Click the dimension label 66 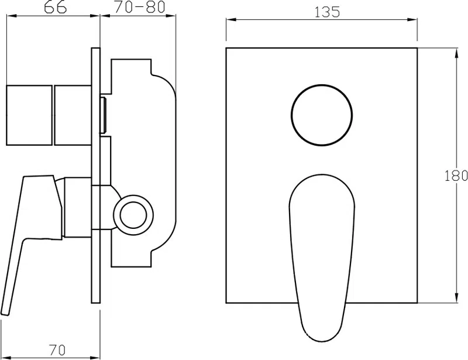coord(55,8)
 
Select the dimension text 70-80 coord(140,7)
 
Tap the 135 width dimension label coord(328,12)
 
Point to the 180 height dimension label coord(456,176)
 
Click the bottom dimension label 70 coord(57,350)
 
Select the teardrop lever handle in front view coord(322,258)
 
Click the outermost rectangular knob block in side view coord(29,115)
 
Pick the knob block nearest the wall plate coord(73,115)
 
